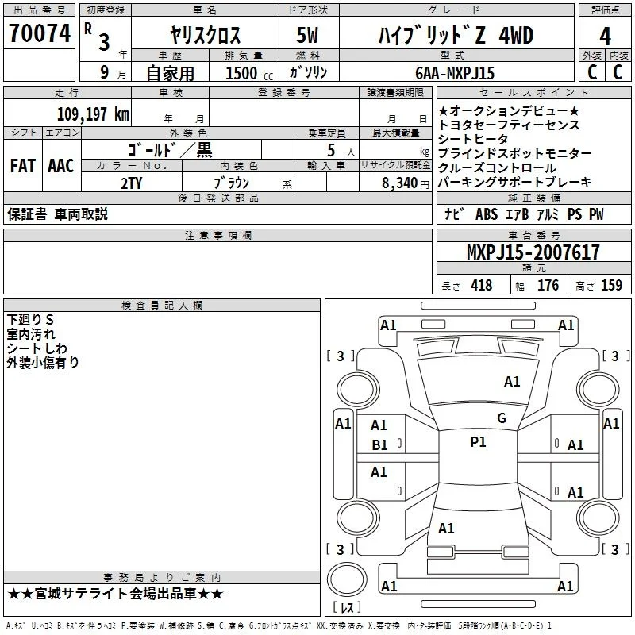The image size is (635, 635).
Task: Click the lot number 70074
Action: tap(40, 33)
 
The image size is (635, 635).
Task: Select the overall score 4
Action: tap(605, 37)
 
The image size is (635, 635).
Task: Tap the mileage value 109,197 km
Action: tap(93, 114)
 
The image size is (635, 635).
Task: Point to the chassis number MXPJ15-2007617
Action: tap(533, 252)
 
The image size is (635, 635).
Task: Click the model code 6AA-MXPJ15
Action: tap(455, 73)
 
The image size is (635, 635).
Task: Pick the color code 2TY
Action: tap(131, 183)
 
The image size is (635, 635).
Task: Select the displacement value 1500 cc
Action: tap(249, 73)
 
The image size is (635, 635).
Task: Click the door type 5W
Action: tap(307, 35)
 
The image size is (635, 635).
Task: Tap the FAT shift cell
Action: tap(23, 166)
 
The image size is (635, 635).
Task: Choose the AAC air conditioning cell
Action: tap(61, 166)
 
